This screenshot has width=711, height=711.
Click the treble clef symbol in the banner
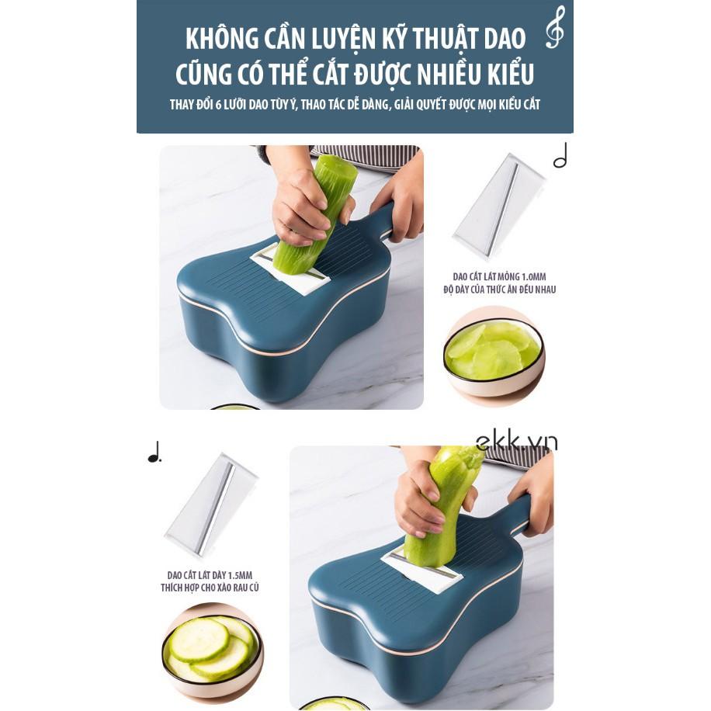(x=554, y=28)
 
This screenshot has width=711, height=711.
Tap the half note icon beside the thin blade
(x=560, y=156)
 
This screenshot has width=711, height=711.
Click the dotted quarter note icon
(x=154, y=453)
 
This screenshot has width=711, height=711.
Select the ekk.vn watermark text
(x=516, y=442)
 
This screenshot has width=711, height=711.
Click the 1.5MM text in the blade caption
(x=238, y=575)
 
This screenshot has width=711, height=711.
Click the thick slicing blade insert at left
(x=210, y=505)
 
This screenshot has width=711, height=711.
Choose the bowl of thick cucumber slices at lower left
(x=211, y=649)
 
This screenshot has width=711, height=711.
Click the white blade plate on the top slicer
(x=292, y=271)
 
